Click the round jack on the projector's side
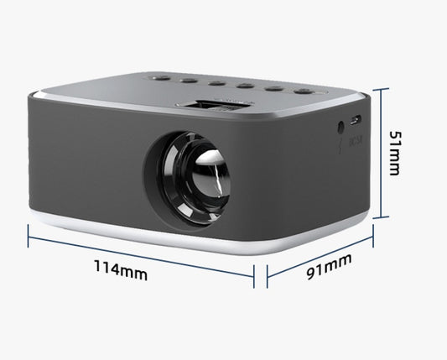click(x=340, y=128)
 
